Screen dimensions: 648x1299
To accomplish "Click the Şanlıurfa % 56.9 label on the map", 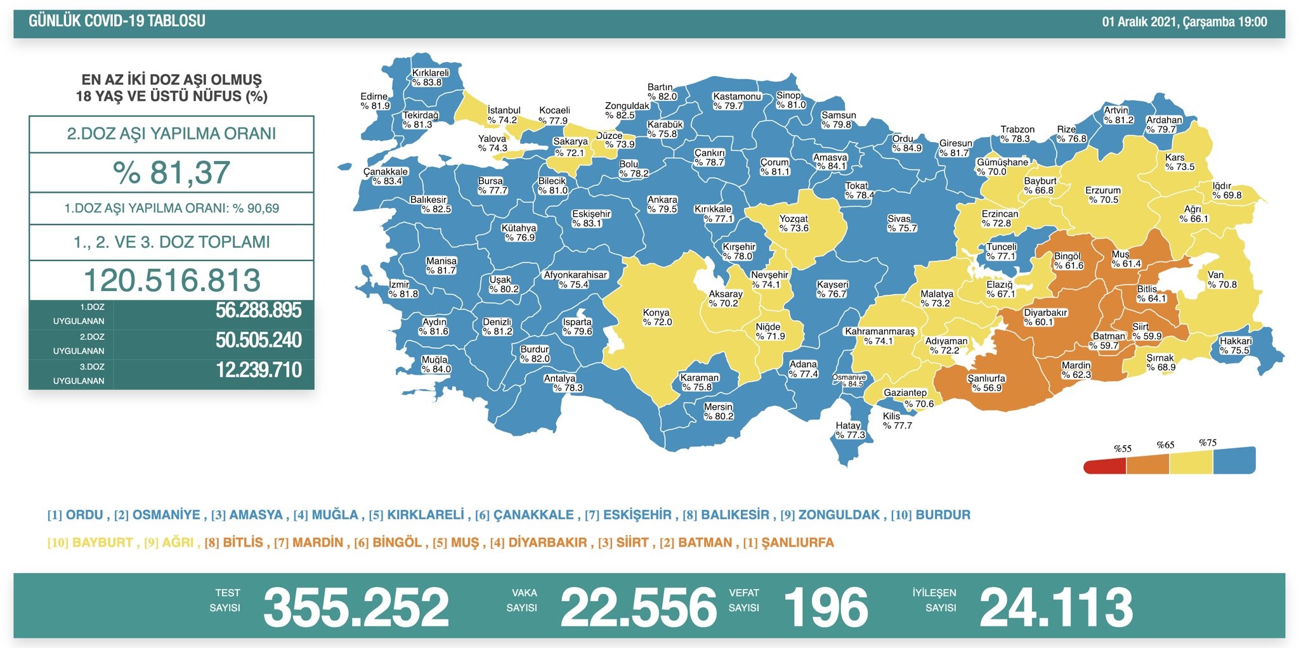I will (x=986, y=383).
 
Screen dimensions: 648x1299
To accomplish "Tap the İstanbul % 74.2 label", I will (x=503, y=115).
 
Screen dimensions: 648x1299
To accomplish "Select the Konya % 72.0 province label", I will (x=656, y=317).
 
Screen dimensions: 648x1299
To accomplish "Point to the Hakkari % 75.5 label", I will (x=1235, y=346).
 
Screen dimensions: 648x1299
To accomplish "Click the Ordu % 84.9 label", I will (x=906, y=143).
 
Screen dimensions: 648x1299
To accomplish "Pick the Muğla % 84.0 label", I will (x=436, y=364).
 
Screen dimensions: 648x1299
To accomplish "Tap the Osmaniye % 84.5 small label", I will (x=849, y=380).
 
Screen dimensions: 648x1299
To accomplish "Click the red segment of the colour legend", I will (x=1105, y=467).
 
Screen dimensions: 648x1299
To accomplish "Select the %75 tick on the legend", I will (x=1207, y=443).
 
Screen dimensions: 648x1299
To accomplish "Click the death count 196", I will (x=826, y=607).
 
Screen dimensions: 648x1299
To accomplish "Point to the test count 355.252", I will (x=356, y=607).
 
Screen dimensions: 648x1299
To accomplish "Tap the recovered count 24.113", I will (x=1056, y=607).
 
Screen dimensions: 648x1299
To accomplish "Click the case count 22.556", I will (x=638, y=607).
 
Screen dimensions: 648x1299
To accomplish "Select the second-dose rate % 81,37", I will (x=171, y=172).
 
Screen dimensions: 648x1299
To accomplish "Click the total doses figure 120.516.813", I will (x=171, y=280).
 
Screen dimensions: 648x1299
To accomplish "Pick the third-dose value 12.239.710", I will (x=258, y=370).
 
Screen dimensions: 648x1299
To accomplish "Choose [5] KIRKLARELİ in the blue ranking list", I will (x=416, y=515).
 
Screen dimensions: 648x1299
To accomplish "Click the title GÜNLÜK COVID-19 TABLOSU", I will (x=117, y=21).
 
